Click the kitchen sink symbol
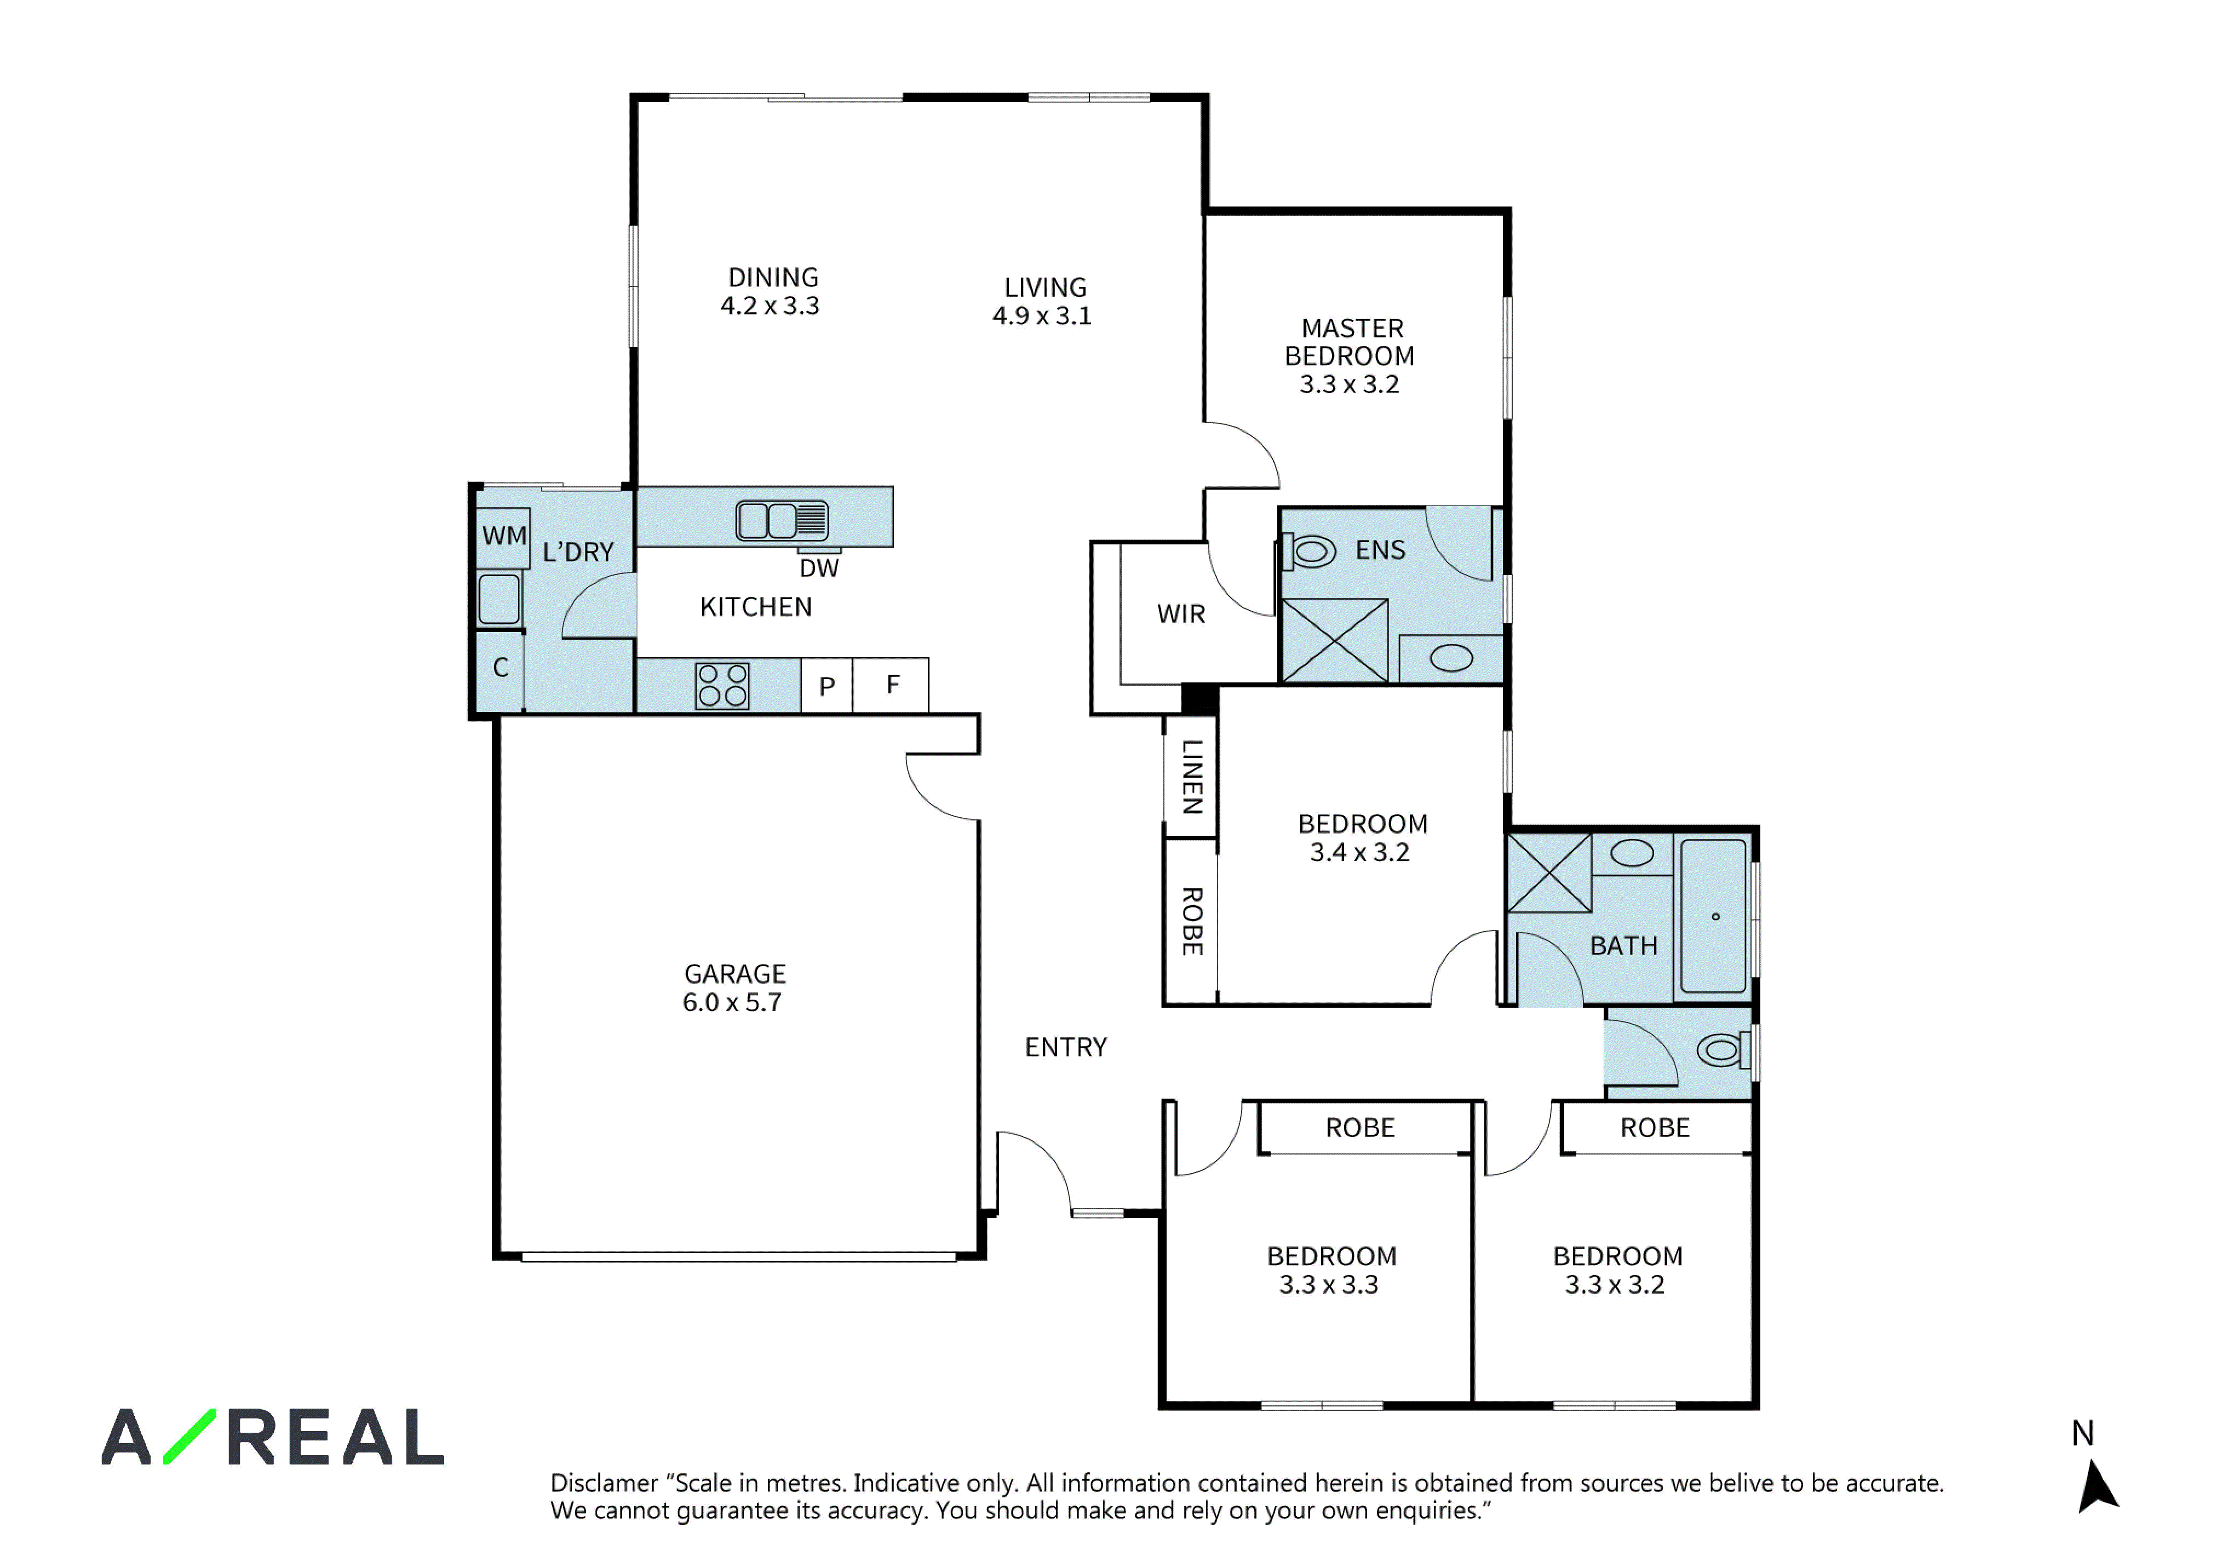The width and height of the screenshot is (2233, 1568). [x=782, y=520]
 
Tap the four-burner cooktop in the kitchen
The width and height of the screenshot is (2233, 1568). [x=722, y=686]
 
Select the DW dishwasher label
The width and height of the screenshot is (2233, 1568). [x=819, y=568]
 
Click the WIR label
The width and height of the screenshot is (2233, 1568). [x=1181, y=614]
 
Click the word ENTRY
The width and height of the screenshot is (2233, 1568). [x=1066, y=1048]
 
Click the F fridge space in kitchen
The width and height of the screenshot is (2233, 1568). [x=892, y=686]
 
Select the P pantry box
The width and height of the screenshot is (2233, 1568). [x=826, y=686]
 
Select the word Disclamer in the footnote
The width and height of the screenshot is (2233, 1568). [x=605, y=1483]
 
